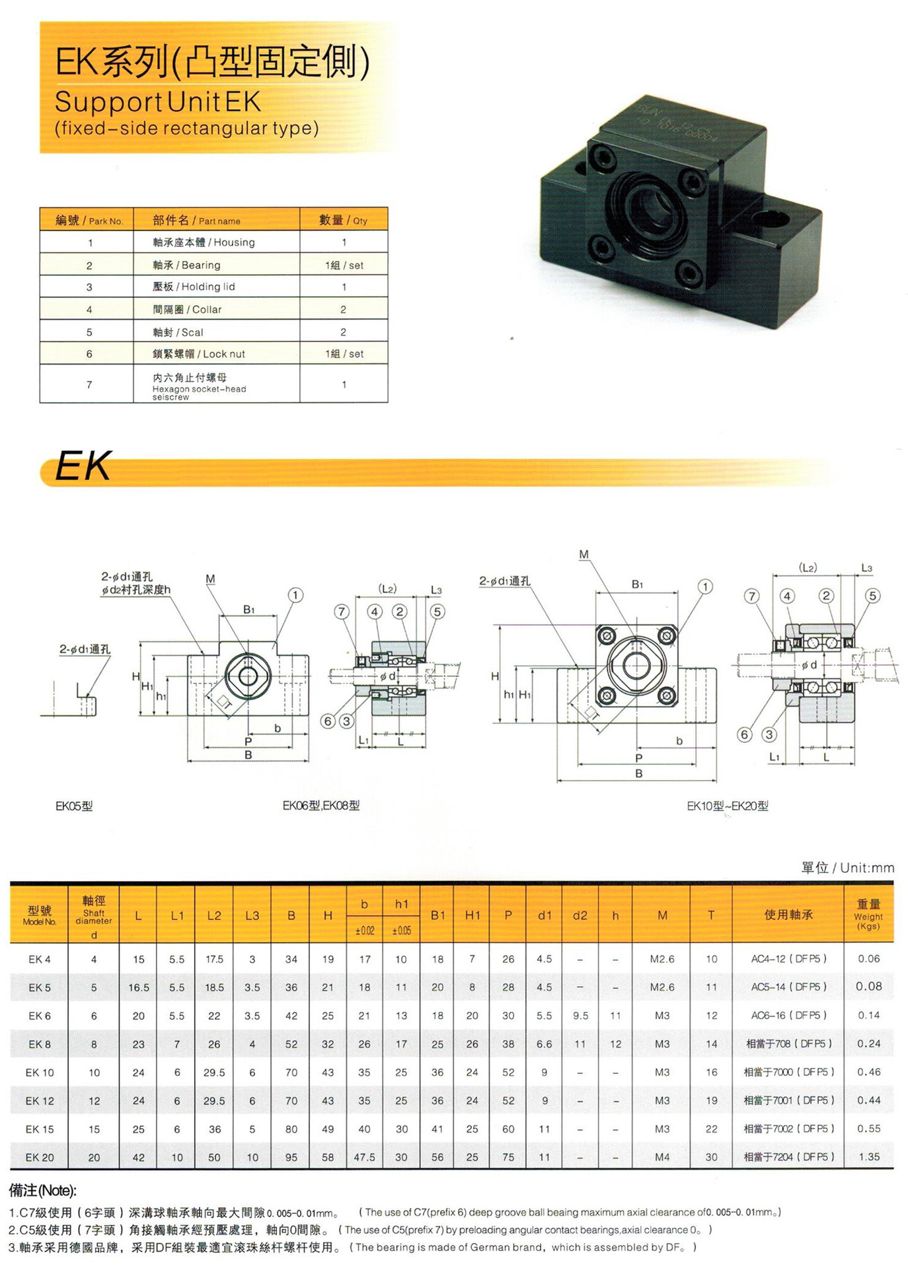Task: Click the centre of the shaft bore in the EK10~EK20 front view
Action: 636,665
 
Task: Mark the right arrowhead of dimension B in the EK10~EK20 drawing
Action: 713,781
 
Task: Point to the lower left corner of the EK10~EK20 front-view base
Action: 557,722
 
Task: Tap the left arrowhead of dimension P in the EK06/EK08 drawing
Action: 208,747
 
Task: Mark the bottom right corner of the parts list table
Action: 388,402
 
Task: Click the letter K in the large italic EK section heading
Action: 96,466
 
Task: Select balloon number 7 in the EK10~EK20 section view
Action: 752,596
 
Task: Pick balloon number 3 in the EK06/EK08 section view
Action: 346,721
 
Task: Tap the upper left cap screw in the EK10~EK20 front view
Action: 606,636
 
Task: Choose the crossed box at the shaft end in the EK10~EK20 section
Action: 858,664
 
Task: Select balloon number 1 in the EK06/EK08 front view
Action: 295,595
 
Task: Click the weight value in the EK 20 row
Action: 869,1157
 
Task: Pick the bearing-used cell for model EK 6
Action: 788,1015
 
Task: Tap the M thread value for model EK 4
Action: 662,959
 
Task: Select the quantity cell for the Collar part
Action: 344,309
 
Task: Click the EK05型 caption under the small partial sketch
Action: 74,806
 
